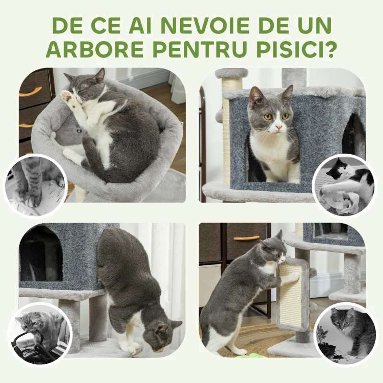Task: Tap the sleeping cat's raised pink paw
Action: (x=67, y=96)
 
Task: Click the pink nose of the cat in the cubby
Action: (x=277, y=128)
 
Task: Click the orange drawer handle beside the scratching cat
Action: (x=246, y=238)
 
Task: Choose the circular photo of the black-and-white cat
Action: (x=344, y=184)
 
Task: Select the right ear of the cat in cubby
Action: (x=287, y=93)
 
